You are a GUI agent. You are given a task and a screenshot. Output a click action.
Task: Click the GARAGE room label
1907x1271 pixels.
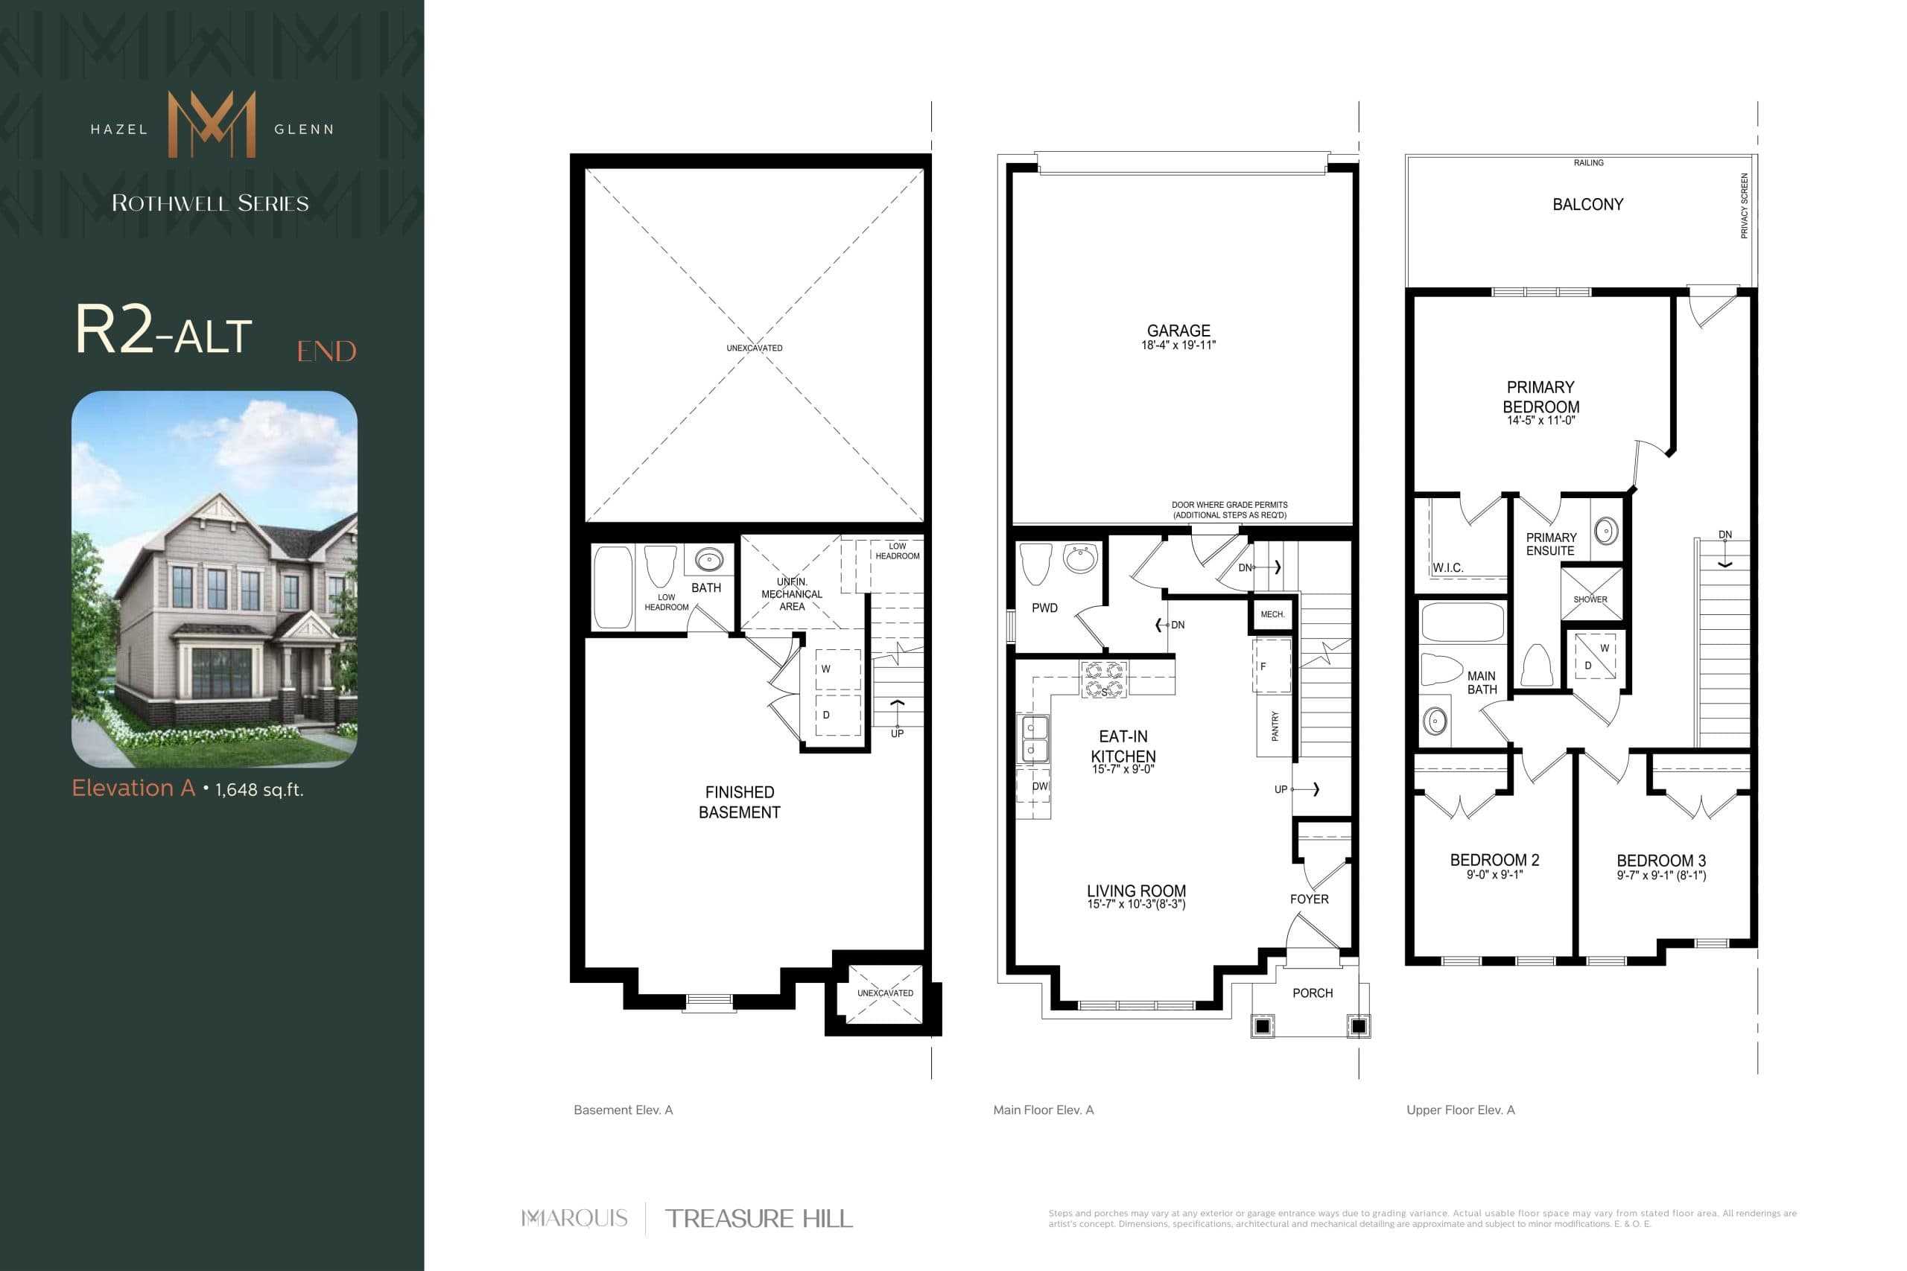[x=1178, y=331]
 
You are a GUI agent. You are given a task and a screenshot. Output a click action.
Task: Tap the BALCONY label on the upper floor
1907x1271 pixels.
[x=1587, y=204]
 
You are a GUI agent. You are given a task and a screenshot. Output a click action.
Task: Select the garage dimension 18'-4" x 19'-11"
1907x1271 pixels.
[x=1178, y=345]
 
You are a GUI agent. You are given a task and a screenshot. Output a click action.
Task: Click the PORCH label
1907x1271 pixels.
[x=1312, y=993]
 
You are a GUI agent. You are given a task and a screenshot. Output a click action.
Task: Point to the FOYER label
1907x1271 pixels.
[x=1309, y=899]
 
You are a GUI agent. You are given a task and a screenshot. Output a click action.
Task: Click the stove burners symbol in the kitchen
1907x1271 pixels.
[x=1103, y=679]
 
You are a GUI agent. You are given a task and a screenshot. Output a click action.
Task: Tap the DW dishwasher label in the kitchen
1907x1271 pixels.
[x=1039, y=786]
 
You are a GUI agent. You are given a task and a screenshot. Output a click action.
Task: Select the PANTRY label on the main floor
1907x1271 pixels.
[x=1275, y=725]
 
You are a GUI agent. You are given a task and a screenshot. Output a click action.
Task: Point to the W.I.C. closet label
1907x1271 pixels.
[x=1447, y=567]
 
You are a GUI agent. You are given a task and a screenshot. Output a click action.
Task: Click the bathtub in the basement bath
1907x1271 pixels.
[x=613, y=586]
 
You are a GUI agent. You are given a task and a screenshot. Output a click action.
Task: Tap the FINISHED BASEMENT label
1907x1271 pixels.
[x=740, y=802]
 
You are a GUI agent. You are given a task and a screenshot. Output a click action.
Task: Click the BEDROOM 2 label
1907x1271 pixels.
[x=1494, y=860]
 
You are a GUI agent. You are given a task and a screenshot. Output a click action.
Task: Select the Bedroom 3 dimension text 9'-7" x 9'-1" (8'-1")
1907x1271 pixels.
[x=1661, y=876]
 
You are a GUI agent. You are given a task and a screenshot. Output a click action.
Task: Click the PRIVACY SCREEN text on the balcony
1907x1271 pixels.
[x=1744, y=206]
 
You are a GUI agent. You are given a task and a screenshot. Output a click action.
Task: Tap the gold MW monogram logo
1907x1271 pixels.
[x=212, y=124]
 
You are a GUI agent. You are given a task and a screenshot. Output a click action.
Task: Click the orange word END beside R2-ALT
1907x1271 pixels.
[x=326, y=351]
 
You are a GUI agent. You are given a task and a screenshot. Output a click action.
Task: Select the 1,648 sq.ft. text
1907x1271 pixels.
[x=259, y=789]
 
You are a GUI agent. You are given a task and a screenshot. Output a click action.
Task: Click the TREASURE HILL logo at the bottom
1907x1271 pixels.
[x=758, y=1218]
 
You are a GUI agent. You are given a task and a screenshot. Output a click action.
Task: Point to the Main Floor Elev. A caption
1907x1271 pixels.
[x=1043, y=1109]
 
